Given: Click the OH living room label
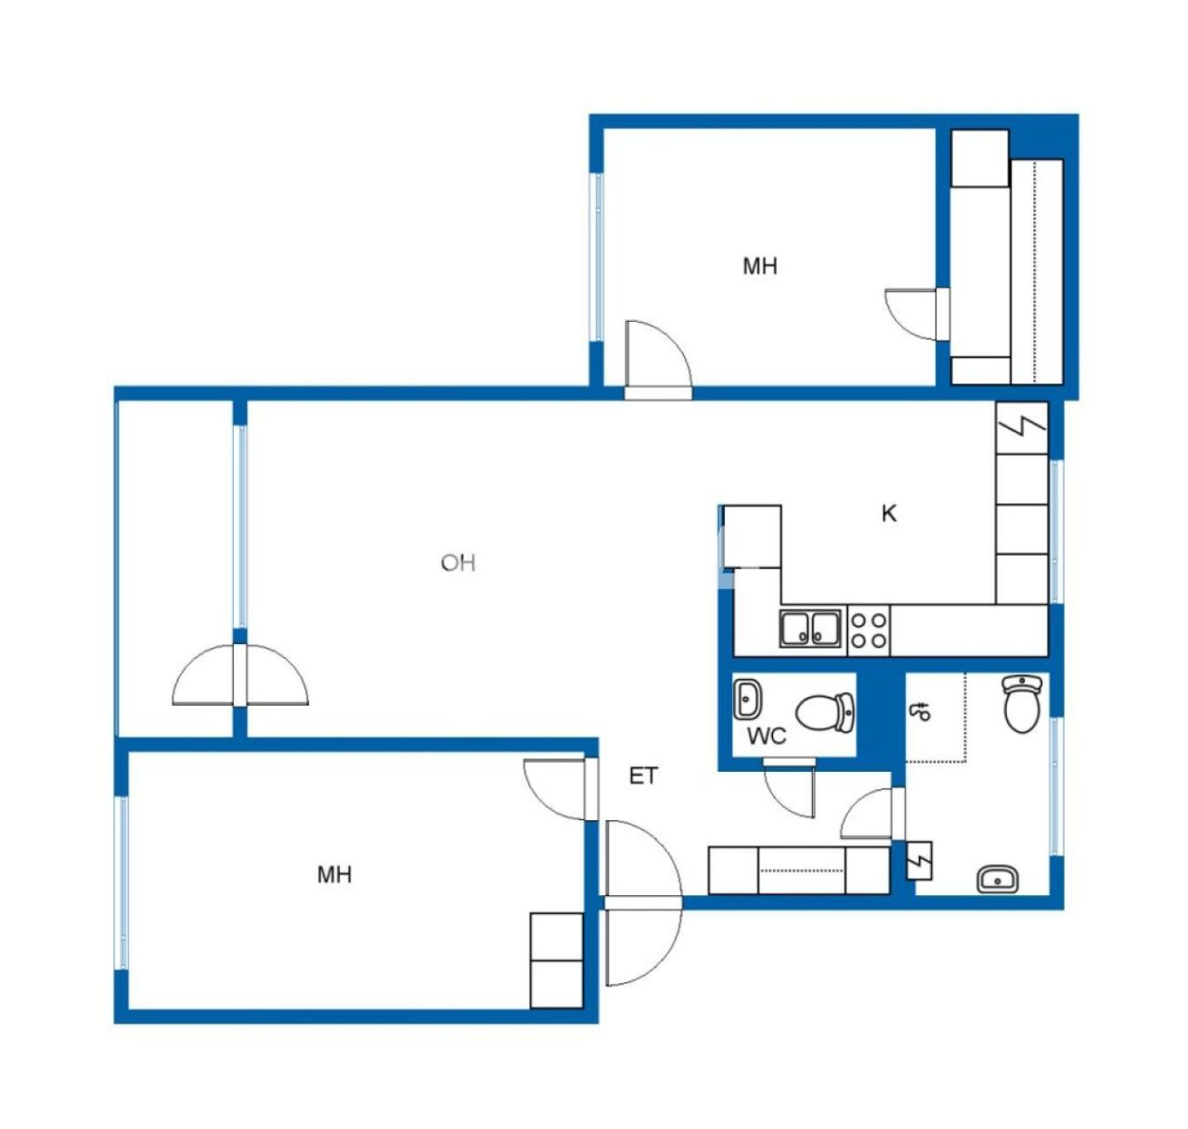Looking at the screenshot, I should [458, 562].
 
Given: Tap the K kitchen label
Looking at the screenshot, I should [889, 513].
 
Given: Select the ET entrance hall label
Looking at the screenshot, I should [643, 776].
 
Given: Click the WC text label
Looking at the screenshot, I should [767, 737].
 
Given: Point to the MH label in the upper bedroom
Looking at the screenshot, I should [759, 266].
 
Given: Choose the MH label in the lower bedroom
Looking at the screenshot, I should [334, 874].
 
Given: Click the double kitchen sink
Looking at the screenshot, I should [811, 628].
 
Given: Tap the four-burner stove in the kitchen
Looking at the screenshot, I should [869, 629].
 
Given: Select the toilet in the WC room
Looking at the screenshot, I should [825, 712].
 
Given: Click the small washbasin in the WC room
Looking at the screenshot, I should [747, 698].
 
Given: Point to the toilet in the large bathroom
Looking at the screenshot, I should [1021, 703].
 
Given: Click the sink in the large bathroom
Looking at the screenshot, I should [998, 878].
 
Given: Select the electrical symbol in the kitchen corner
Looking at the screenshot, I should [1022, 427].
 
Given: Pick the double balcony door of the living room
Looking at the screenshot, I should [239, 675].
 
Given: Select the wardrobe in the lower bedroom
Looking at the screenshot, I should [556, 959].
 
